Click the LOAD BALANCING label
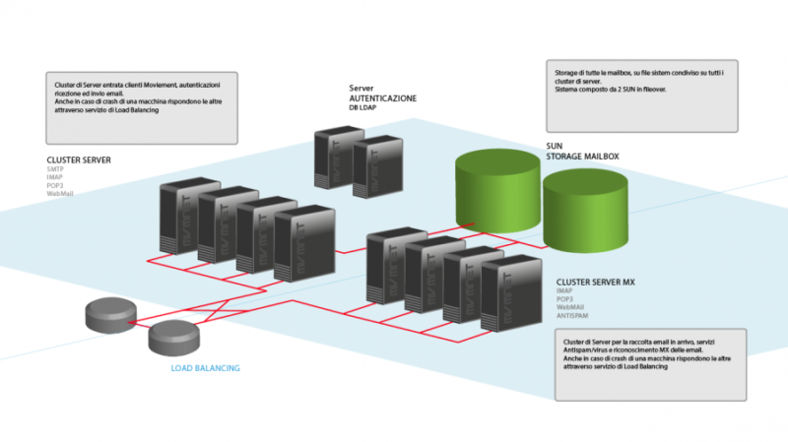click(x=205, y=368)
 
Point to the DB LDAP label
click(x=362, y=107)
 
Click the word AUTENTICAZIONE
click(x=383, y=98)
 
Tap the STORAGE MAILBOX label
click(x=583, y=156)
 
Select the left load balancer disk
click(x=109, y=313)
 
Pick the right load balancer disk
click(x=174, y=338)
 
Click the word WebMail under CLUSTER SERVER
click(x=60, y=194)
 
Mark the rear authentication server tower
click(x=332, y=158)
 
